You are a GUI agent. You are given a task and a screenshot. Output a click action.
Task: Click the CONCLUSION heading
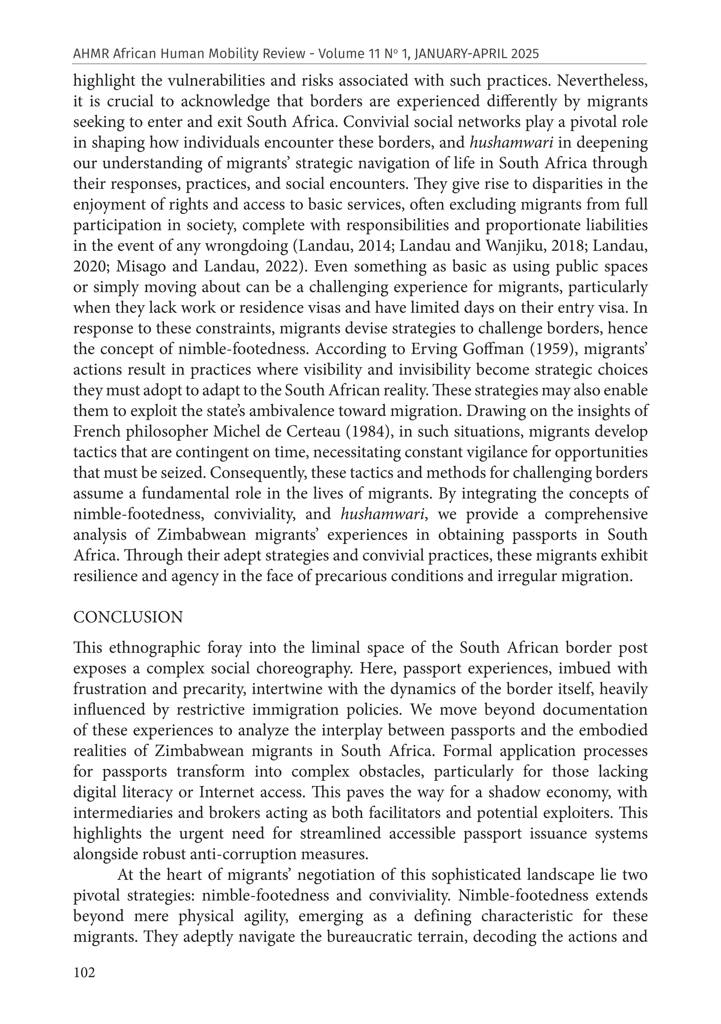128,617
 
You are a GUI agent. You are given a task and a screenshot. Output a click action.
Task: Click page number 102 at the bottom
84,985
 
